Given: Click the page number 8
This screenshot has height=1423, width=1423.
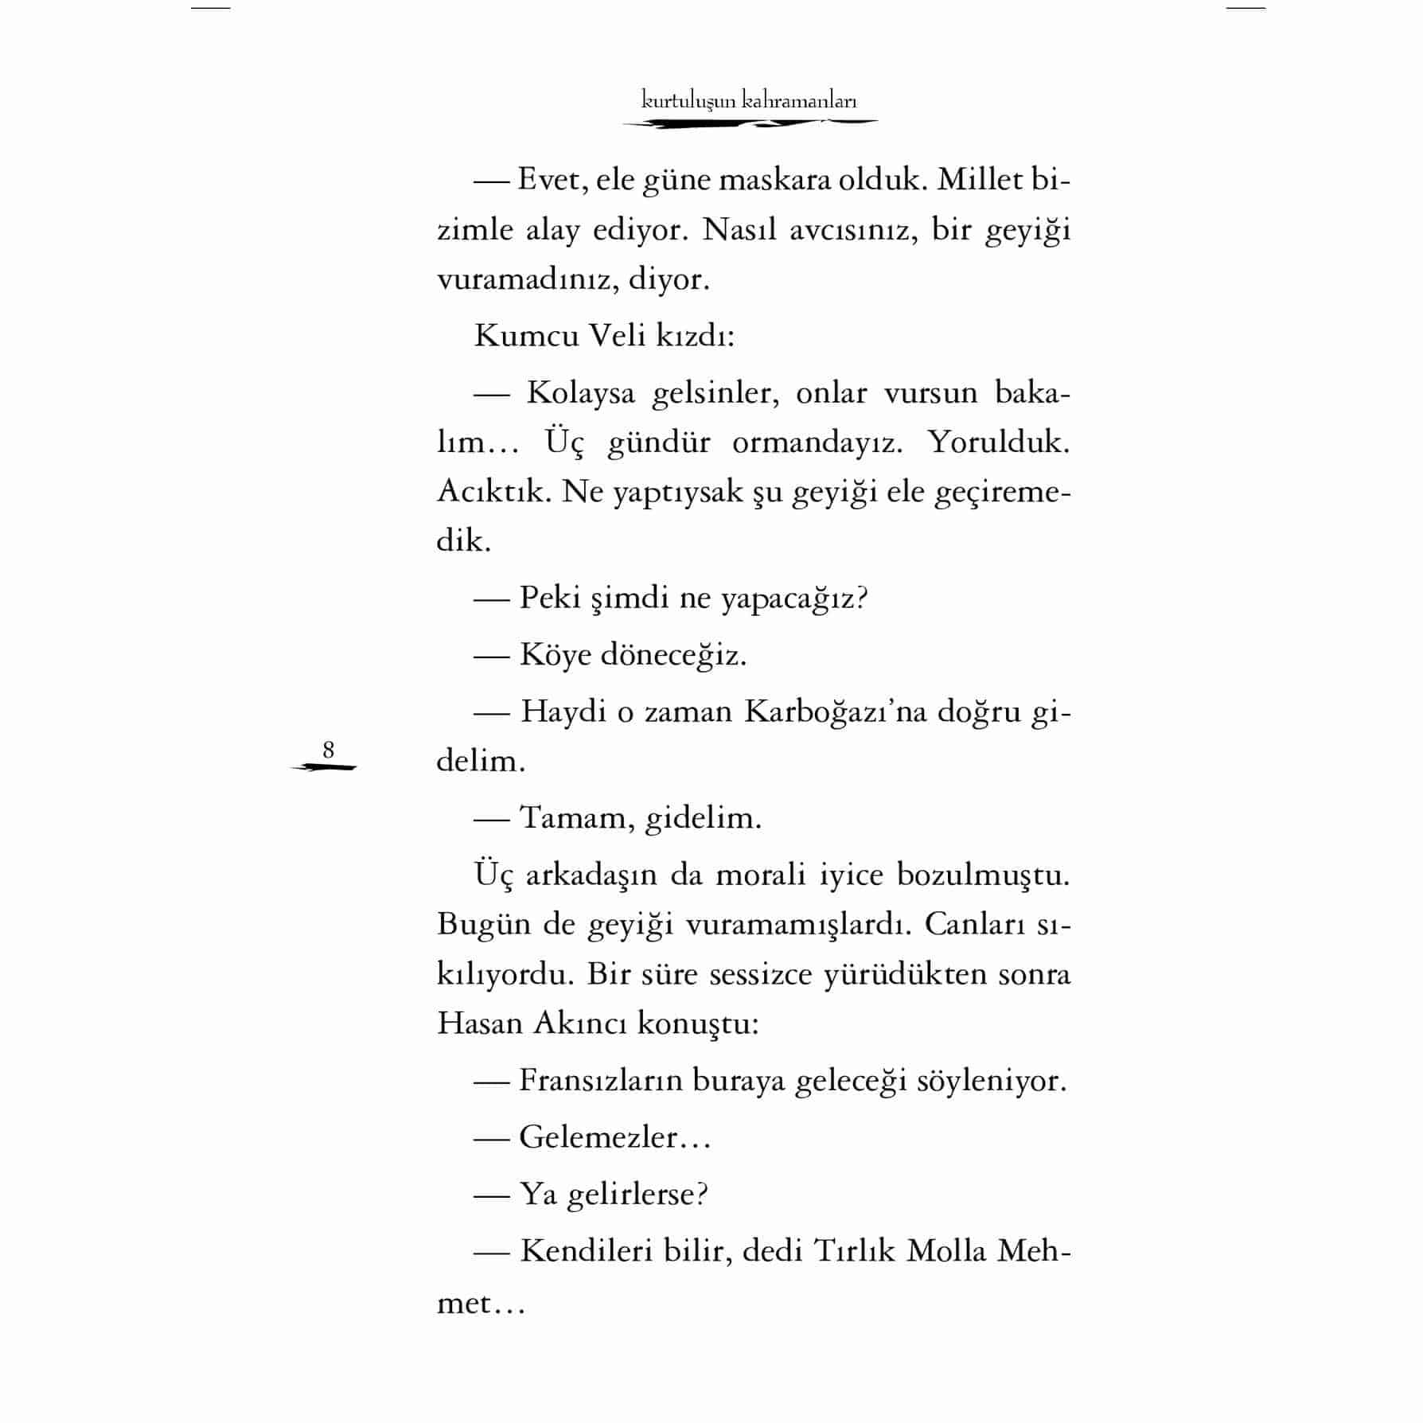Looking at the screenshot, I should coord(328,750).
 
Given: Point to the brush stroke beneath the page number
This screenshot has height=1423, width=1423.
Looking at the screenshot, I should coord(325,768).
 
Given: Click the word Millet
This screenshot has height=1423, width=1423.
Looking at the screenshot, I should coord(980,180).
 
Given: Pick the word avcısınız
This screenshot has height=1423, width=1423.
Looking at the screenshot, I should coord(850,230).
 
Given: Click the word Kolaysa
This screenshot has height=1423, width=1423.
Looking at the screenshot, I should coord(580,393).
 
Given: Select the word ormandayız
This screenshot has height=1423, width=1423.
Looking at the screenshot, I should coord(817,442).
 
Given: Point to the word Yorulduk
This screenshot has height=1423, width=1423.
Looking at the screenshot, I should coord(999,442).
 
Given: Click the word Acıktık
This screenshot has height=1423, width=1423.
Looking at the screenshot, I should coord(493,492).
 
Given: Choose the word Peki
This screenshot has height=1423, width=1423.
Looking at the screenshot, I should coord(550,597).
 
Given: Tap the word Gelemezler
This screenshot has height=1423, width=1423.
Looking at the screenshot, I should coord(598,1137).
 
